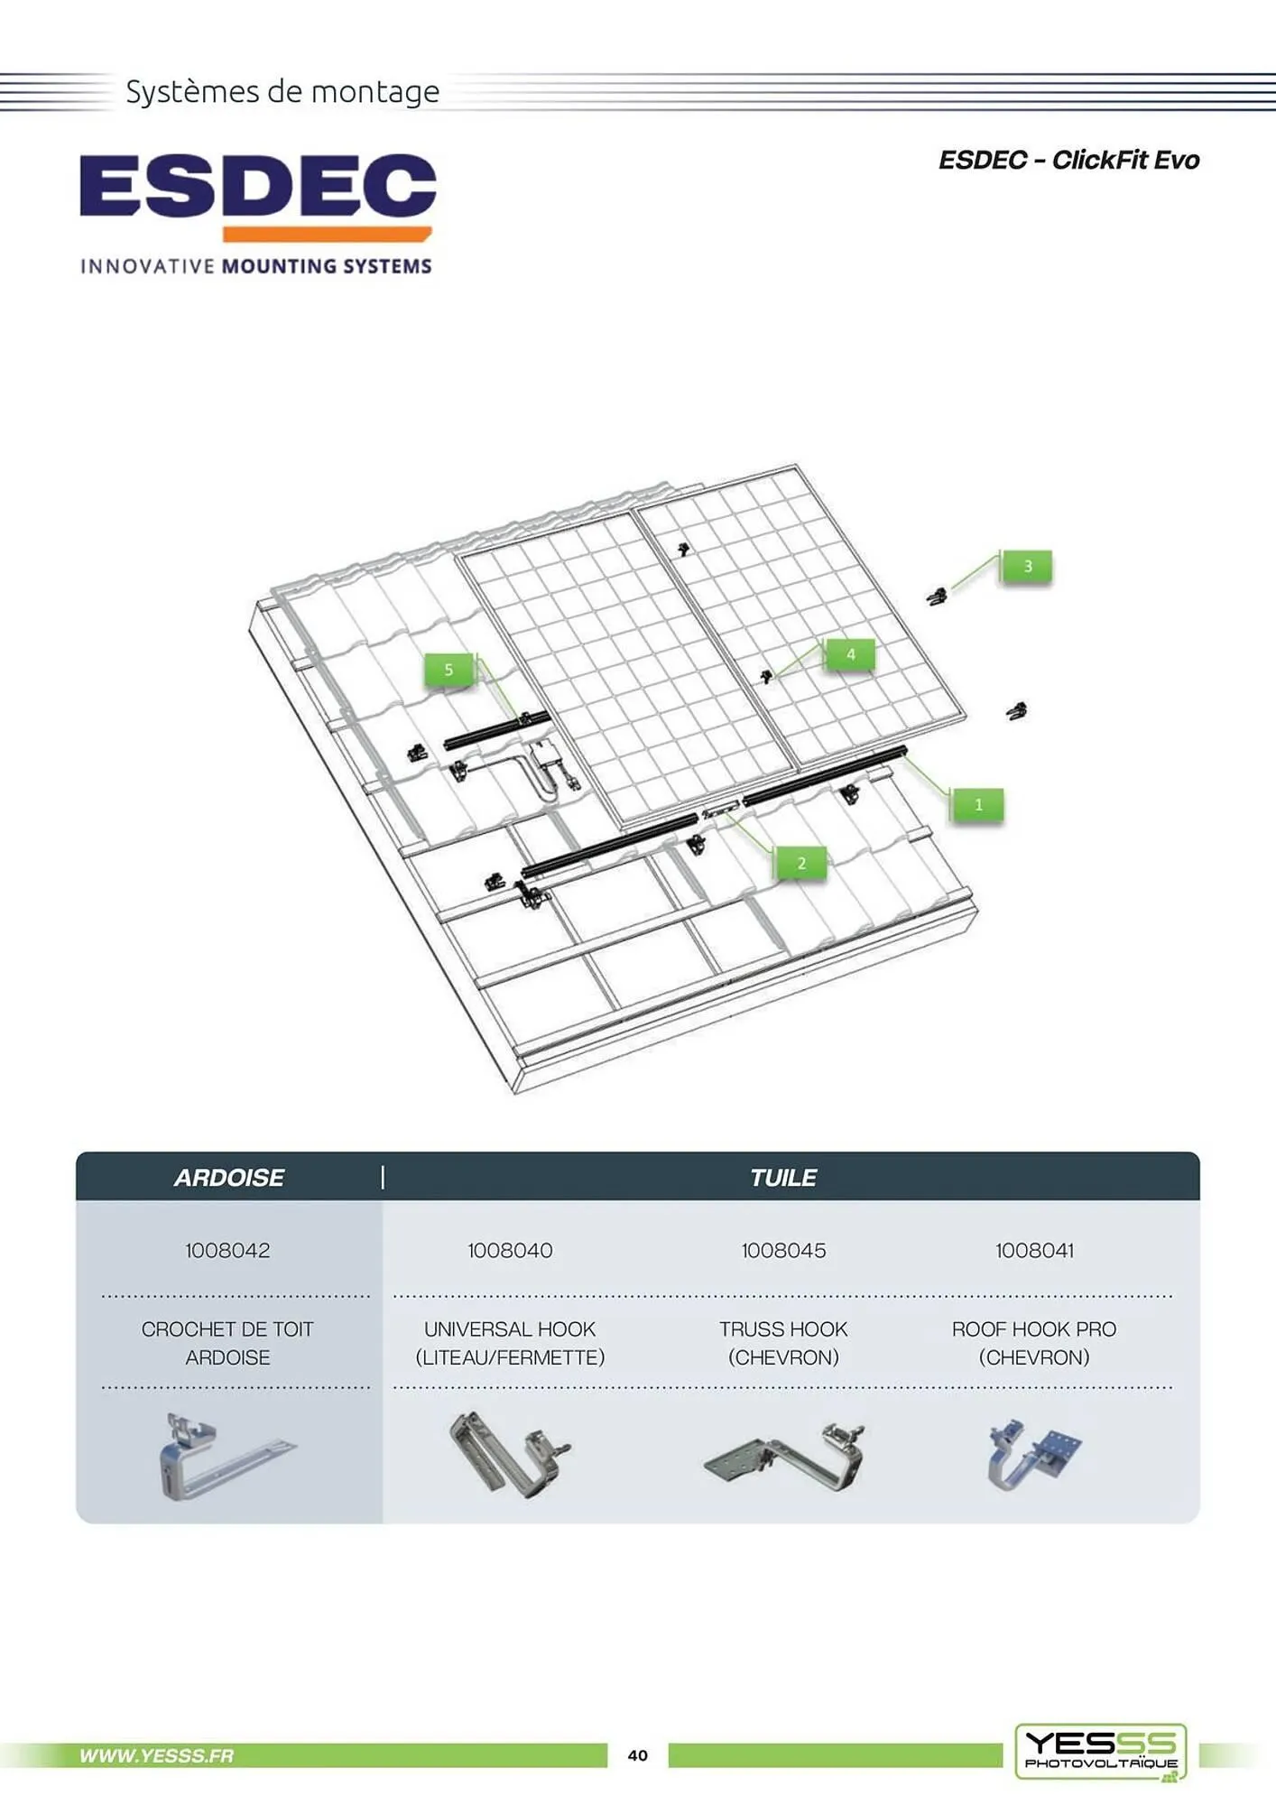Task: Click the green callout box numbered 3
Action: tap(1027, 567)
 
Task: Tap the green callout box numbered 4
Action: tap(850, 654)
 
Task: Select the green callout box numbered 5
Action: tap(449, 670)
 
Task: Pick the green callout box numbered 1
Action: tap(978, 804)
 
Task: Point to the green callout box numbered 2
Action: tap(801, 864)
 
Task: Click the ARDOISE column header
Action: tap(229, 1178)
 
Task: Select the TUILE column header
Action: tap(783, 1178)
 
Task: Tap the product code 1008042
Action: tap(227, 1250)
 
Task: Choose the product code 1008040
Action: tap(510, 1250)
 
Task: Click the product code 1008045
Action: tap(783, 1250)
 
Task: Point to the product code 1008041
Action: tap(1034, 1250)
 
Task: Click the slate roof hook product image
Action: tap(226, 1458)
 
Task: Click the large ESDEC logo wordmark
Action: tap(258, 187)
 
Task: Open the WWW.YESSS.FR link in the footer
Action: tap(156, 1755)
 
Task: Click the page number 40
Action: tap(638, 1755)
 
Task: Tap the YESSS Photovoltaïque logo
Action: tap(1101, 1752)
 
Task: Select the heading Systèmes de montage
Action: tap(282, 92)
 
